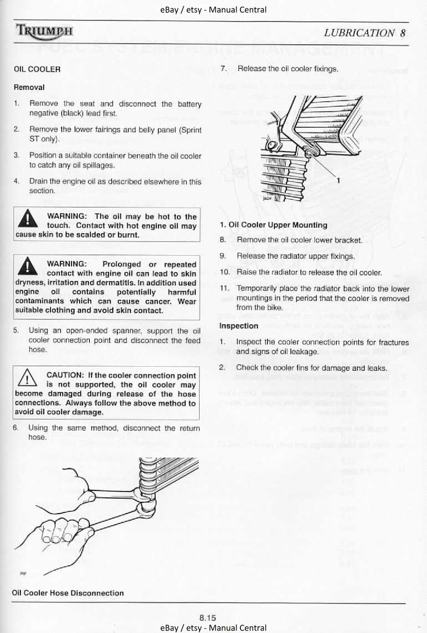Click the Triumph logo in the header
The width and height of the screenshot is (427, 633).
(44, 30)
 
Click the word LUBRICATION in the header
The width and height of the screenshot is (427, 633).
(359, 33)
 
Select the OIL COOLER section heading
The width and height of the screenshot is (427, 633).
(37, 69)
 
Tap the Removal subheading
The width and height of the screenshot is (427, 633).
(29, 87)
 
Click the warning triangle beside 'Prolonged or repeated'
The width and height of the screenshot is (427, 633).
(28, 266)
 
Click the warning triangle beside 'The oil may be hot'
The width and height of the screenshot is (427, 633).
(28, 219)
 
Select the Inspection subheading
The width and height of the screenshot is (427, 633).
(239, 326)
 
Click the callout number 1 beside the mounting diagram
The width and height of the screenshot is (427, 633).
(338, 181)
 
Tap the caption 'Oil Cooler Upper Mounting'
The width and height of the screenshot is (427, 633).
(274, 225)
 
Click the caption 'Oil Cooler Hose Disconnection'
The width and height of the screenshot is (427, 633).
(68, 593)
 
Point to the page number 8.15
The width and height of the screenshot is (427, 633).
(207, 618)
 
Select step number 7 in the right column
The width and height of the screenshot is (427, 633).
(223, 69)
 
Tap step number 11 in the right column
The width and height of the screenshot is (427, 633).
(225, 288)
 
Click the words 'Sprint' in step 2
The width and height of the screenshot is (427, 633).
(192, 130)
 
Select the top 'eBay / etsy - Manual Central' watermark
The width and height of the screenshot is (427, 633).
(213, 9)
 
